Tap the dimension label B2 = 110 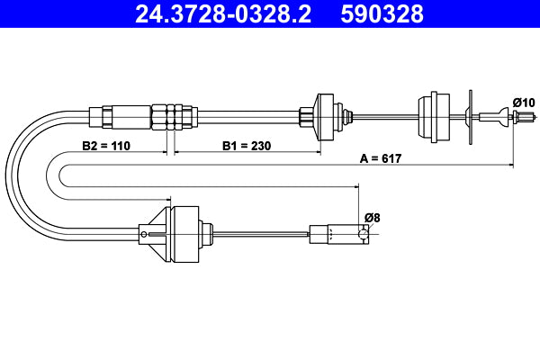pyautogui.click(x=106, y=144)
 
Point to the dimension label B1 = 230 pyautogui.click(x=247, y=144)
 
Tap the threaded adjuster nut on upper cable pyautogui.click(x=173, y=115)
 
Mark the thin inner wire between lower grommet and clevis pyautogui.click(x=261, y=235)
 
